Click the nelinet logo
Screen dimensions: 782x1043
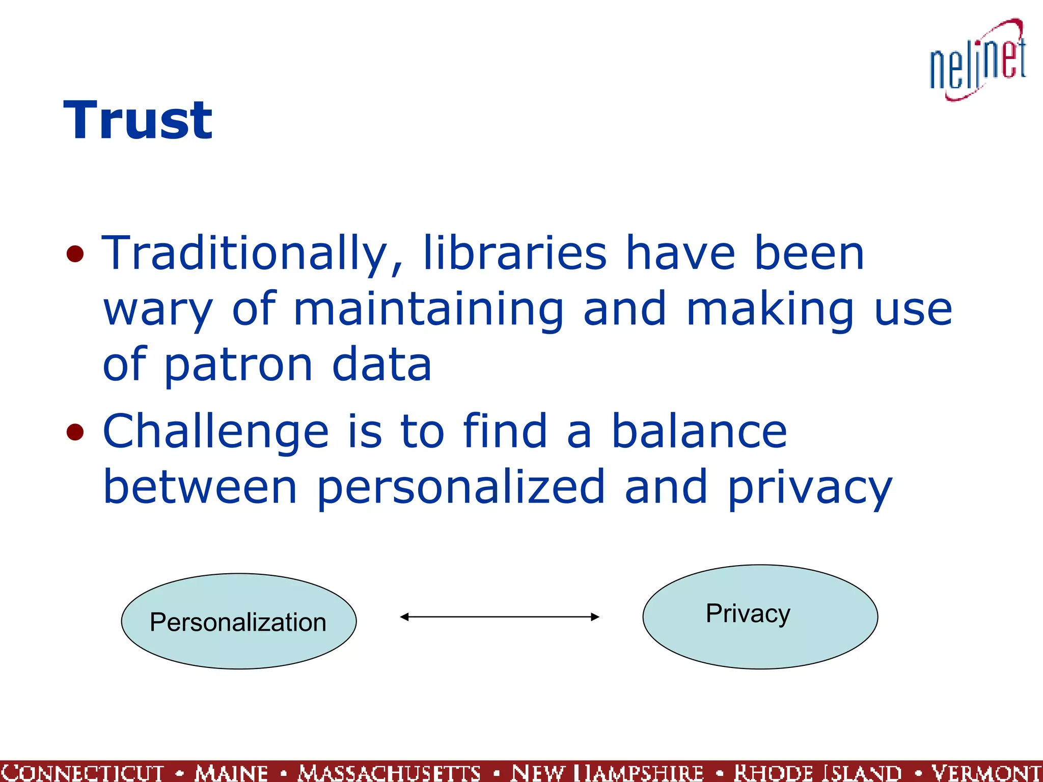coord(978,61)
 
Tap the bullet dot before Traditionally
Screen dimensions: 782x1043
coord(75,254)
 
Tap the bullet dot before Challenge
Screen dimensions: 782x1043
coord(75,432)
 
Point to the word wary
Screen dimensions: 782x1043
coord(158,311)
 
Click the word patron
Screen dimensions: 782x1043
coord(238,365)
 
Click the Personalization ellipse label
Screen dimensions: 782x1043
coord(238,622)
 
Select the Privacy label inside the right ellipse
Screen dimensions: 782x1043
coord(748,613)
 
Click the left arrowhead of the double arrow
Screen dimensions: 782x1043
coord(404,617)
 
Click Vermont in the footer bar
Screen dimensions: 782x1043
coord(986,773)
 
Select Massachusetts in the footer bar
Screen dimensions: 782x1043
coord(389,773)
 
